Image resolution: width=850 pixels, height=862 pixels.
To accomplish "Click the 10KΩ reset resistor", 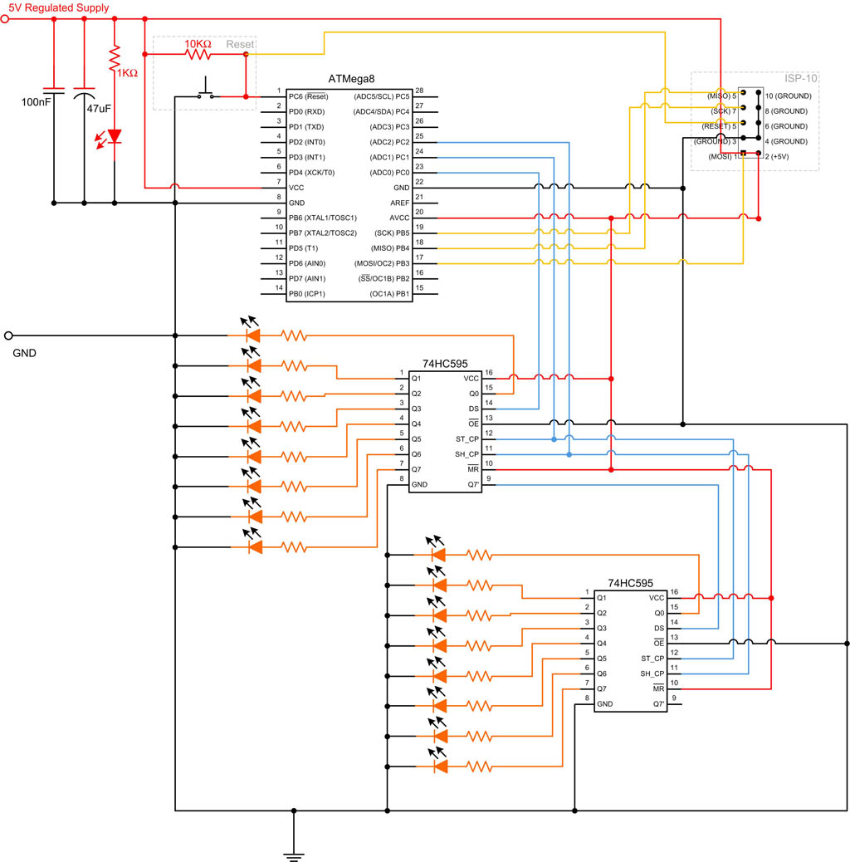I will coord(198,55).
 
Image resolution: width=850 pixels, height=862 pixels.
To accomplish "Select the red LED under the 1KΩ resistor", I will coord(115,135).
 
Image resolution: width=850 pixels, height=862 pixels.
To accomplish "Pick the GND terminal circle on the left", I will coord(8,335).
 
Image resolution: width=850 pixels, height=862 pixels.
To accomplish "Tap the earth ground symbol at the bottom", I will coord(292,853).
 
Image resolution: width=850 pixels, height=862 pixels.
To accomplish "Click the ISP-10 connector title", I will coord(801,78).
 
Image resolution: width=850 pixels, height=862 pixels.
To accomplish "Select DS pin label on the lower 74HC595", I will coord(659,628).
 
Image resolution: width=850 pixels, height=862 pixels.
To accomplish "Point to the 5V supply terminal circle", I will coord(7,19).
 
